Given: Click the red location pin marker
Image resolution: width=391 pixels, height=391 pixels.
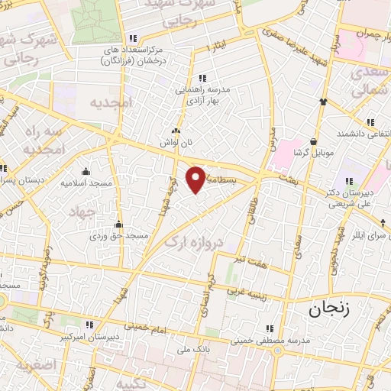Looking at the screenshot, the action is point(197,179).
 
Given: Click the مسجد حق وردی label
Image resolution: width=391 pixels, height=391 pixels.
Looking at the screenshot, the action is point(118,236).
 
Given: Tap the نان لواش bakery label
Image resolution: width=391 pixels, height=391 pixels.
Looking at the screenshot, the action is point(173,142).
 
